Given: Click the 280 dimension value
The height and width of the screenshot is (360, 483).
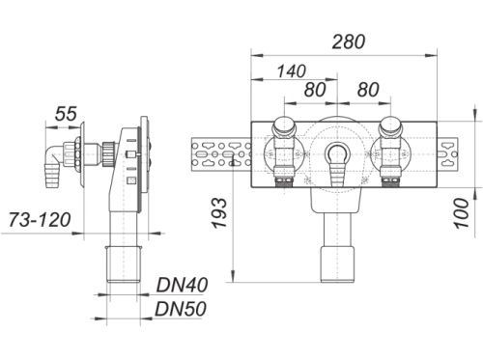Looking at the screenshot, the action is click(x=349, y=42).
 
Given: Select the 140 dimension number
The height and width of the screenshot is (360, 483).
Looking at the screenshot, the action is click(x=291, y=71).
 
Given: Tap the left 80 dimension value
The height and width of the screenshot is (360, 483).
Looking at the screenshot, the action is click(x=315, y=90).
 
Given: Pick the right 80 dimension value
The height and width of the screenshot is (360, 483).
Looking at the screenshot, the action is click(x=368, y=90).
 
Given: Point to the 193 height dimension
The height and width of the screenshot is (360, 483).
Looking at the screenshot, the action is click(x=219, y=213).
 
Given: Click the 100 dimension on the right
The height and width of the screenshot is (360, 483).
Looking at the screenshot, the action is click(x=462, y=213).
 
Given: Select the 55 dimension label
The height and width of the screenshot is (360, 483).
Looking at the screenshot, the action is click(x=66, y=114).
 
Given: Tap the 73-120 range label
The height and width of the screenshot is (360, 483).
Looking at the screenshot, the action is click(x=40, y=220).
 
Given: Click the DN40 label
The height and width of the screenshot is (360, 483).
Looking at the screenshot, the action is click(x=182, y=285).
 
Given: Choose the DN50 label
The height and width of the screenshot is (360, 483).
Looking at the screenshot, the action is click(x=181, y=309).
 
